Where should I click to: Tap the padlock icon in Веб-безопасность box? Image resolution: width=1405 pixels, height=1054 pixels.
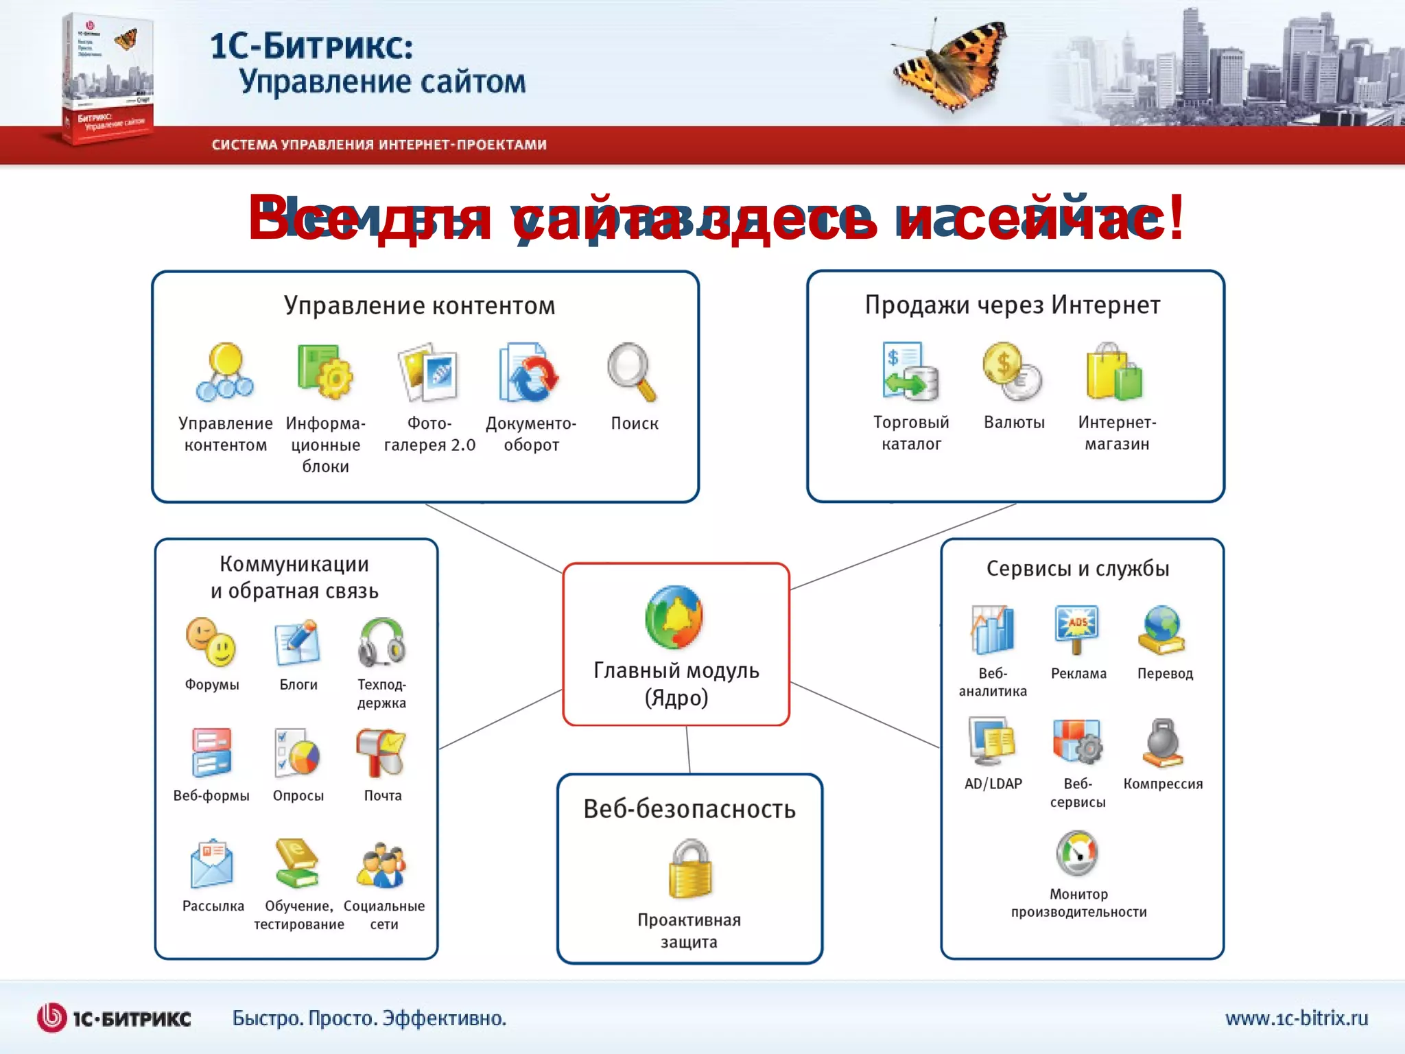pos(690,869)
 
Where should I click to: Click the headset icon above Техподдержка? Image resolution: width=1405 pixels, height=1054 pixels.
pos(381,642)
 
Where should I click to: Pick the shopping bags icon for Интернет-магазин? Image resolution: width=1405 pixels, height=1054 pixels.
pos(1114,372)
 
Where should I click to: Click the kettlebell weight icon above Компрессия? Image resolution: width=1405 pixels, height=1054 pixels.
pos(1163,743)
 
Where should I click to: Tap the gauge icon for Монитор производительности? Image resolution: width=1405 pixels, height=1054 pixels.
pos(1077,853)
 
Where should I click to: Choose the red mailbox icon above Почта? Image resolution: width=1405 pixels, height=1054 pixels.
pos(381,752)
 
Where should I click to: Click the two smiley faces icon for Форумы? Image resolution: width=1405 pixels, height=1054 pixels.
pos(211,642)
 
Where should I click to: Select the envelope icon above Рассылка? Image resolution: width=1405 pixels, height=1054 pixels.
pos(212,864)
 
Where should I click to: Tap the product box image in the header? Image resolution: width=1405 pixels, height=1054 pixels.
pos(107,77)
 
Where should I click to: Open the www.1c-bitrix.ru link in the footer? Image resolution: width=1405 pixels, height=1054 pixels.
pos(1296,1018)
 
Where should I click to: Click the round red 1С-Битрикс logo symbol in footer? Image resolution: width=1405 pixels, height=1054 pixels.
pos(51,1018)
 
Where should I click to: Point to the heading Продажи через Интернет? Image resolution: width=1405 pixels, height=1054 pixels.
pos(1013,305)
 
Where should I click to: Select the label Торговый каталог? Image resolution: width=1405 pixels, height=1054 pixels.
pos(911,433)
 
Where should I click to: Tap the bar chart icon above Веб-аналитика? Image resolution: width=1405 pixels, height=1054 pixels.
pos(992,629)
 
